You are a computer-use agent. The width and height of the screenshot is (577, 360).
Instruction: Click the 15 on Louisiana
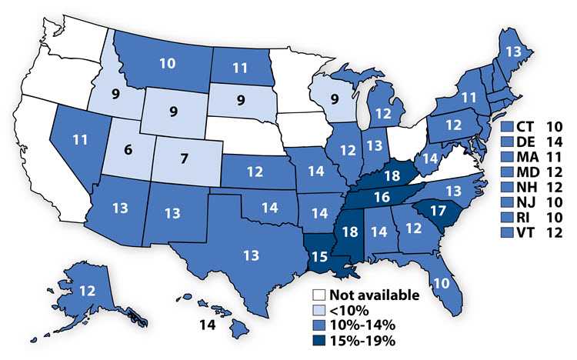point(318,255)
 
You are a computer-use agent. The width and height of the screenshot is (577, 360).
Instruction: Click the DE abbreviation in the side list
point(526,141)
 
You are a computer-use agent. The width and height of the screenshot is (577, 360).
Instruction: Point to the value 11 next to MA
point(554,156)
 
